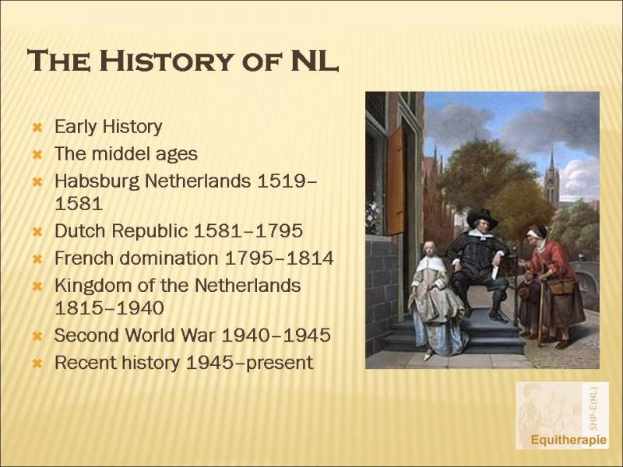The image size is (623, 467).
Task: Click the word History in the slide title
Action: tap(166, 61)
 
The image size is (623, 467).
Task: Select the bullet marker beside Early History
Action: tap(37, 128)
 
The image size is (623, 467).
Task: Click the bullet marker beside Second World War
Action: tap(37, 336)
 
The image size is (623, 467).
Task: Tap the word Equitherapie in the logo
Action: tap(568, 440)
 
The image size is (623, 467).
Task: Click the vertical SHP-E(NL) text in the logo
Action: tap(593, 408)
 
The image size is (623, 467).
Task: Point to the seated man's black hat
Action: tap(482, 218)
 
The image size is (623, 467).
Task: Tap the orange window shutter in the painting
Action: tap(396, 181)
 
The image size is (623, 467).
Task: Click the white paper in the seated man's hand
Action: tap(496, 272)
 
